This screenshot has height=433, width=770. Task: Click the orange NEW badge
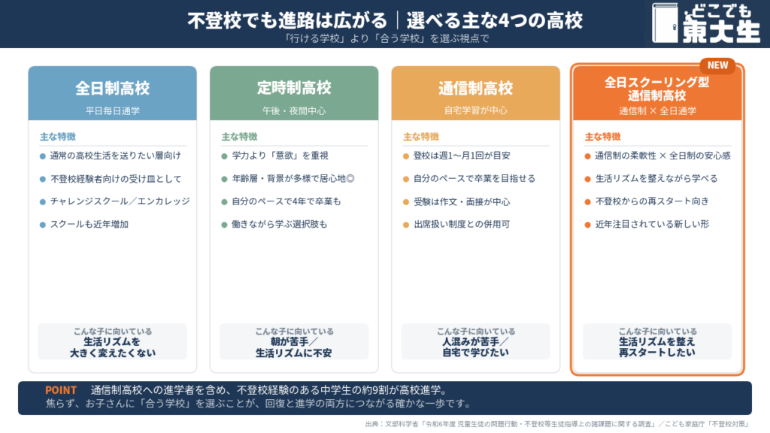[x=717, y=65]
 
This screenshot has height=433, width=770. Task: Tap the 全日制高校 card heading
[x=113, y=89]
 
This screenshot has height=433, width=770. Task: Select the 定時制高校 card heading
[x=294, y=88]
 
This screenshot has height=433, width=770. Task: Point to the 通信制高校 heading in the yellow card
[x=476, y=89]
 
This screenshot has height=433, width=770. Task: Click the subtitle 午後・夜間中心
[x=294, y=111]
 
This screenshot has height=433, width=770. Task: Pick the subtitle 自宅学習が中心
[x=476, y=111]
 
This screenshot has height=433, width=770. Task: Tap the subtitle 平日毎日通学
[x=113, y=111]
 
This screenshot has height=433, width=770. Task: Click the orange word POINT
[x=61, y=390]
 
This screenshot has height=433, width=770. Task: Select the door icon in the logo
[x=665, y=23]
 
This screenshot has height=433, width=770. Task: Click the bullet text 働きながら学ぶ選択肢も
[x=280, y=224]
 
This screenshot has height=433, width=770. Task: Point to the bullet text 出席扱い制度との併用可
[x=462, y=224]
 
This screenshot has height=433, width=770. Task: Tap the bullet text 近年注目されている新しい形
[x=652, y=224]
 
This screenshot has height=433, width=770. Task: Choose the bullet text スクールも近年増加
[x=89, y=224]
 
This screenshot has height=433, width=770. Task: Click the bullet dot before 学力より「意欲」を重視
[x=224, y=156]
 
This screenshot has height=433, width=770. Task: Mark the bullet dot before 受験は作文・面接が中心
[x=406, y=201]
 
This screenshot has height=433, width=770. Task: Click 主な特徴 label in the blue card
[x=58, y=137]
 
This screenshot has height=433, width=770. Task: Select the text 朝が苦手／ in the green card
[x=294, y=342]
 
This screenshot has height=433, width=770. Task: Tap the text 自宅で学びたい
[x=475, y=353]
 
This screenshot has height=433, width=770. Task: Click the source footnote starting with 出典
[x=557, y=424]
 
